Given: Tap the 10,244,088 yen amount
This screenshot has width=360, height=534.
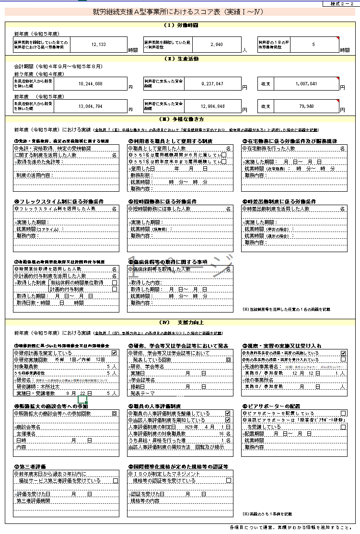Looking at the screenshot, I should point(90,83).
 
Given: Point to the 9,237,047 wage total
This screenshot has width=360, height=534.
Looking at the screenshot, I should point(210,83).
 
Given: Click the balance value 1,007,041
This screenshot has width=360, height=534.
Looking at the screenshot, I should point(307,83).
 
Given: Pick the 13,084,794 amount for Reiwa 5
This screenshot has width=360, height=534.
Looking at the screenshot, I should point(90,105).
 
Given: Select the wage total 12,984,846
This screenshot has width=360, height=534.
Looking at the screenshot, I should point(210,105).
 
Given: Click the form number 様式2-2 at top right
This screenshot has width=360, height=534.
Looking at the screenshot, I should point(341,4).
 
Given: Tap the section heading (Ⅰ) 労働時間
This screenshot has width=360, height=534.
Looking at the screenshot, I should point(180,24).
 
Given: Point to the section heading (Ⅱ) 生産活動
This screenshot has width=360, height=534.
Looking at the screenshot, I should point(180,59).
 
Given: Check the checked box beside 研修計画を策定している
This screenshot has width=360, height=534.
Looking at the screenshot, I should point(114,353).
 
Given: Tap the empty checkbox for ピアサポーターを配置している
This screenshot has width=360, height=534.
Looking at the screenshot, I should point(343,413).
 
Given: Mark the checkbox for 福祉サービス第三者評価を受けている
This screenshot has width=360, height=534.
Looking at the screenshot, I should point(115,480).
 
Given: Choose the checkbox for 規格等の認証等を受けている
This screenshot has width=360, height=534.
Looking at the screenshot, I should point(229,480).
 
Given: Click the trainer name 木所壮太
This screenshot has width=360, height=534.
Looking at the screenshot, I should point(51,386).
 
